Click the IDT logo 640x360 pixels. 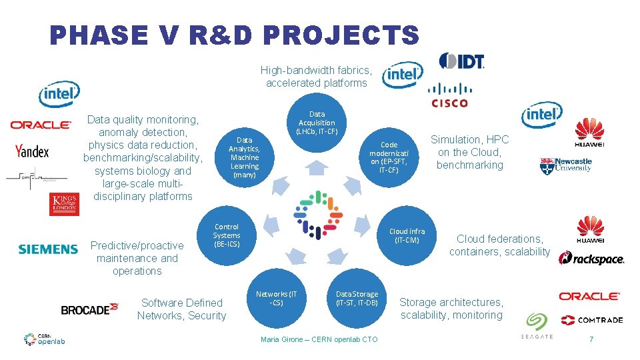coord(461,61)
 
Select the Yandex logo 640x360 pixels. coord(32,151)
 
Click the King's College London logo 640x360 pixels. coord(64,204)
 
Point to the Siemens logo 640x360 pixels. coord(48,249)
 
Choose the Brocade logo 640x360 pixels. coord(89,309)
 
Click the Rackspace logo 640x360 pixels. coord(591,259)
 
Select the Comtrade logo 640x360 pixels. coord(592,320)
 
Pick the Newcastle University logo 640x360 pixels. coord(565,165)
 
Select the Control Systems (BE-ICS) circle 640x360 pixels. coord(227,235)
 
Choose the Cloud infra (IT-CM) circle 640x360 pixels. coord(407,235)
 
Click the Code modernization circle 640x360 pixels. coord(389,157)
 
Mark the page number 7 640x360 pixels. coord(591,340)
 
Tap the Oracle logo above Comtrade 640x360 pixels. coord(589,296)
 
